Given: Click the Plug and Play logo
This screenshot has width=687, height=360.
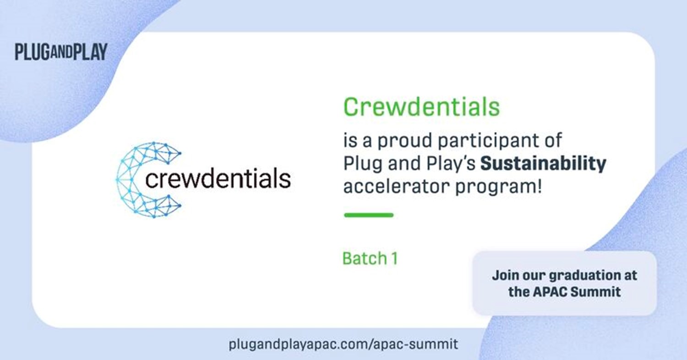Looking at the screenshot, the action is pyautogui.click(x=61, y=51).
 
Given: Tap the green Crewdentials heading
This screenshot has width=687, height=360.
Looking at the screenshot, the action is pyautogui.click(x=421, y=107).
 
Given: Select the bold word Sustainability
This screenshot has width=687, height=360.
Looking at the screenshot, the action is pyautogui.click(x=543, y=164).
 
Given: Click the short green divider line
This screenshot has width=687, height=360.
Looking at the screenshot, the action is pyautogui.click(x=369, y=215).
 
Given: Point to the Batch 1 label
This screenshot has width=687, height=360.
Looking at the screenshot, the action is pyautogui.click(x=370, y=258).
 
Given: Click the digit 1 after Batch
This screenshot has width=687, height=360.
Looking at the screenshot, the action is pyautogui.click(x=395, y=258).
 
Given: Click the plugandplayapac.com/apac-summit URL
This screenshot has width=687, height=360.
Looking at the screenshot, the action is pyautogui.click(x=343, y=344).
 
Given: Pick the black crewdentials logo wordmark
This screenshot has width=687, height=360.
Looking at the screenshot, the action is pyautogui.click(x=218, y=178).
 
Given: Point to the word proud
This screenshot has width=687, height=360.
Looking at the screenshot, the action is pyautogui.click(x=405, y=141).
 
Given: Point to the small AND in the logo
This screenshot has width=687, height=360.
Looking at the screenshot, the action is pyautogui.click(x=61, y=52).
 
